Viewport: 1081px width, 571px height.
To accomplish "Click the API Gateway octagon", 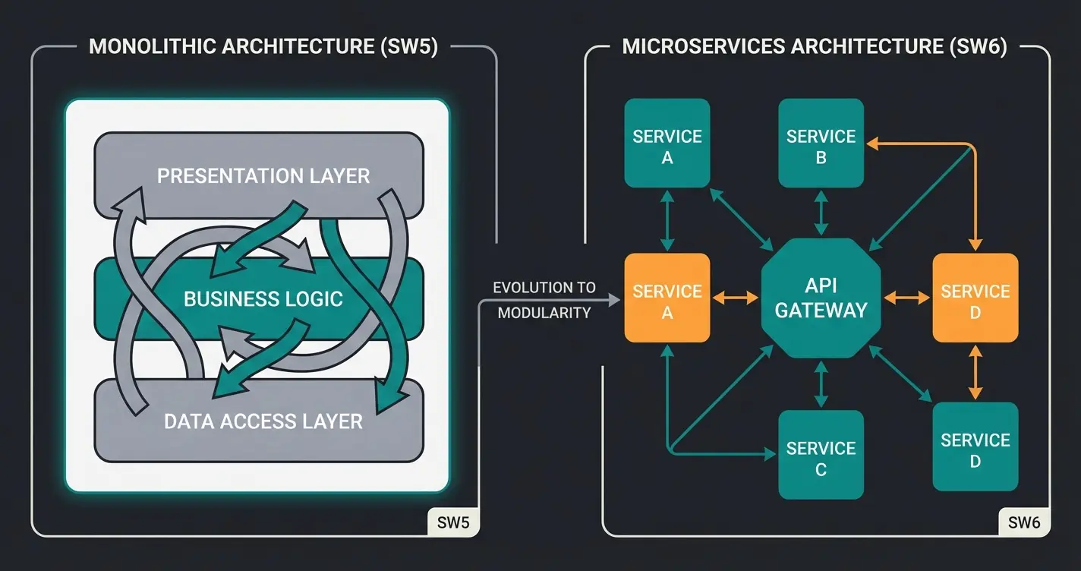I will click(821, 298).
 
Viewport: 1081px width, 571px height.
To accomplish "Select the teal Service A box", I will click(667, 144).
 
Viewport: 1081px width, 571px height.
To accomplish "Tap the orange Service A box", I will click(667, 298).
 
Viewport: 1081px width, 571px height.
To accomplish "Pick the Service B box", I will click(821, 144).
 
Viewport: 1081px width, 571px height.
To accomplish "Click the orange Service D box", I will click(975, 298).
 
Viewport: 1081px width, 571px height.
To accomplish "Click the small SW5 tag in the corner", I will click(454, 522).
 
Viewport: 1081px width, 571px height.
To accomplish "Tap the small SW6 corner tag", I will click(1024, 522).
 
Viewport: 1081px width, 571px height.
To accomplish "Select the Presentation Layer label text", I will click(263, 176).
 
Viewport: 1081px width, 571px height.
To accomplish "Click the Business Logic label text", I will click(263, 298).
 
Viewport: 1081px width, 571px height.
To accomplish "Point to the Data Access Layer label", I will click(263, 421).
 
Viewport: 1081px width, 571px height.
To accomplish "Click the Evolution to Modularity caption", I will click(544, 300).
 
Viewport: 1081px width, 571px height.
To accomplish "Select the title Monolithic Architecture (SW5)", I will click(263, 46).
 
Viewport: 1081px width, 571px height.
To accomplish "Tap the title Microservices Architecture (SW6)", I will click(815, 46).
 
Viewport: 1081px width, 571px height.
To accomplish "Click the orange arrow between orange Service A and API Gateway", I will click(736, 298).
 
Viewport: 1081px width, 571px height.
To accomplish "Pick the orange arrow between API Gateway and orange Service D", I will click(906, 298).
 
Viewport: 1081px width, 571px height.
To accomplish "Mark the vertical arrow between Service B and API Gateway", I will click(821, 213).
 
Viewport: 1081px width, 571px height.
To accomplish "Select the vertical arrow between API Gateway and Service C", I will click(821, 384).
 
